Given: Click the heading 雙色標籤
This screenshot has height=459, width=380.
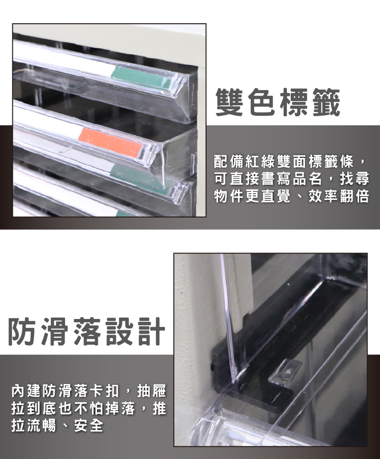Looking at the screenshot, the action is [x=278, y=103].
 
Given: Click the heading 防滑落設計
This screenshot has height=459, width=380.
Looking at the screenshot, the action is [x=87, y=331].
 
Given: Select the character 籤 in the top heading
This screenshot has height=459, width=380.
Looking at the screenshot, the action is [x=326, y=103].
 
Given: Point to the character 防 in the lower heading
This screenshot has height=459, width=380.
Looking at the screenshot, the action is [x=23, y=331].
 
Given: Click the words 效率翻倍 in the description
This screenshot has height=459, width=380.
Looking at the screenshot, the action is [x=339, y=196].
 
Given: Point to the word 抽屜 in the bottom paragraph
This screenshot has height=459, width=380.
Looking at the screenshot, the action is [x=152, y=391].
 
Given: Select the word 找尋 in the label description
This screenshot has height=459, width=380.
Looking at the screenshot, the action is [x=354, y=179].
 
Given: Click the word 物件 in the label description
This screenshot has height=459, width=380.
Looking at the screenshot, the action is [x=229, y=196].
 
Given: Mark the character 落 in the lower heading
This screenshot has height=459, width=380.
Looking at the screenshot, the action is [x=87, y=331].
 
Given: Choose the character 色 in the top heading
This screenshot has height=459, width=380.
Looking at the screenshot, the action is [x=262, y=103].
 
